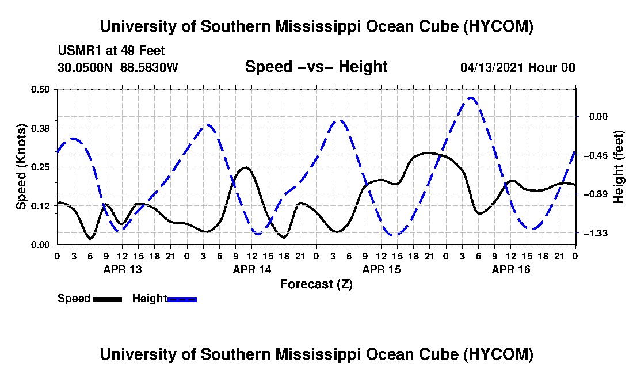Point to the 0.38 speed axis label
point(40,128)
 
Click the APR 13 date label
point(123,269)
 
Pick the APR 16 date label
point(510,269)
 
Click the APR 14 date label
point(252,269)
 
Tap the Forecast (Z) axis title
point(316,284)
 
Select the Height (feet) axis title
point(618,167)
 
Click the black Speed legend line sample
point(108,299)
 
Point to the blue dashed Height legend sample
point(182,299)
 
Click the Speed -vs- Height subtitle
point(316,67)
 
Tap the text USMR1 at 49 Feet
point(112,51)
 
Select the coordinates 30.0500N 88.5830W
point(118,67)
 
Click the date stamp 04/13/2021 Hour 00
point(518,67)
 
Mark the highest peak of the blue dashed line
point(470,98)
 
